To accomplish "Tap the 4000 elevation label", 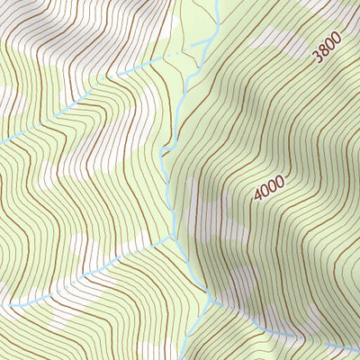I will (269, 187).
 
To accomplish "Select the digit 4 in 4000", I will (258, 196).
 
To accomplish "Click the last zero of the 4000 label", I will (280, 177).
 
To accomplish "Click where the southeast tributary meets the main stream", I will (209, 302).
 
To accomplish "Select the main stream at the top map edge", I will (217, 2).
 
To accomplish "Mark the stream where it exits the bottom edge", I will (196, 357).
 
